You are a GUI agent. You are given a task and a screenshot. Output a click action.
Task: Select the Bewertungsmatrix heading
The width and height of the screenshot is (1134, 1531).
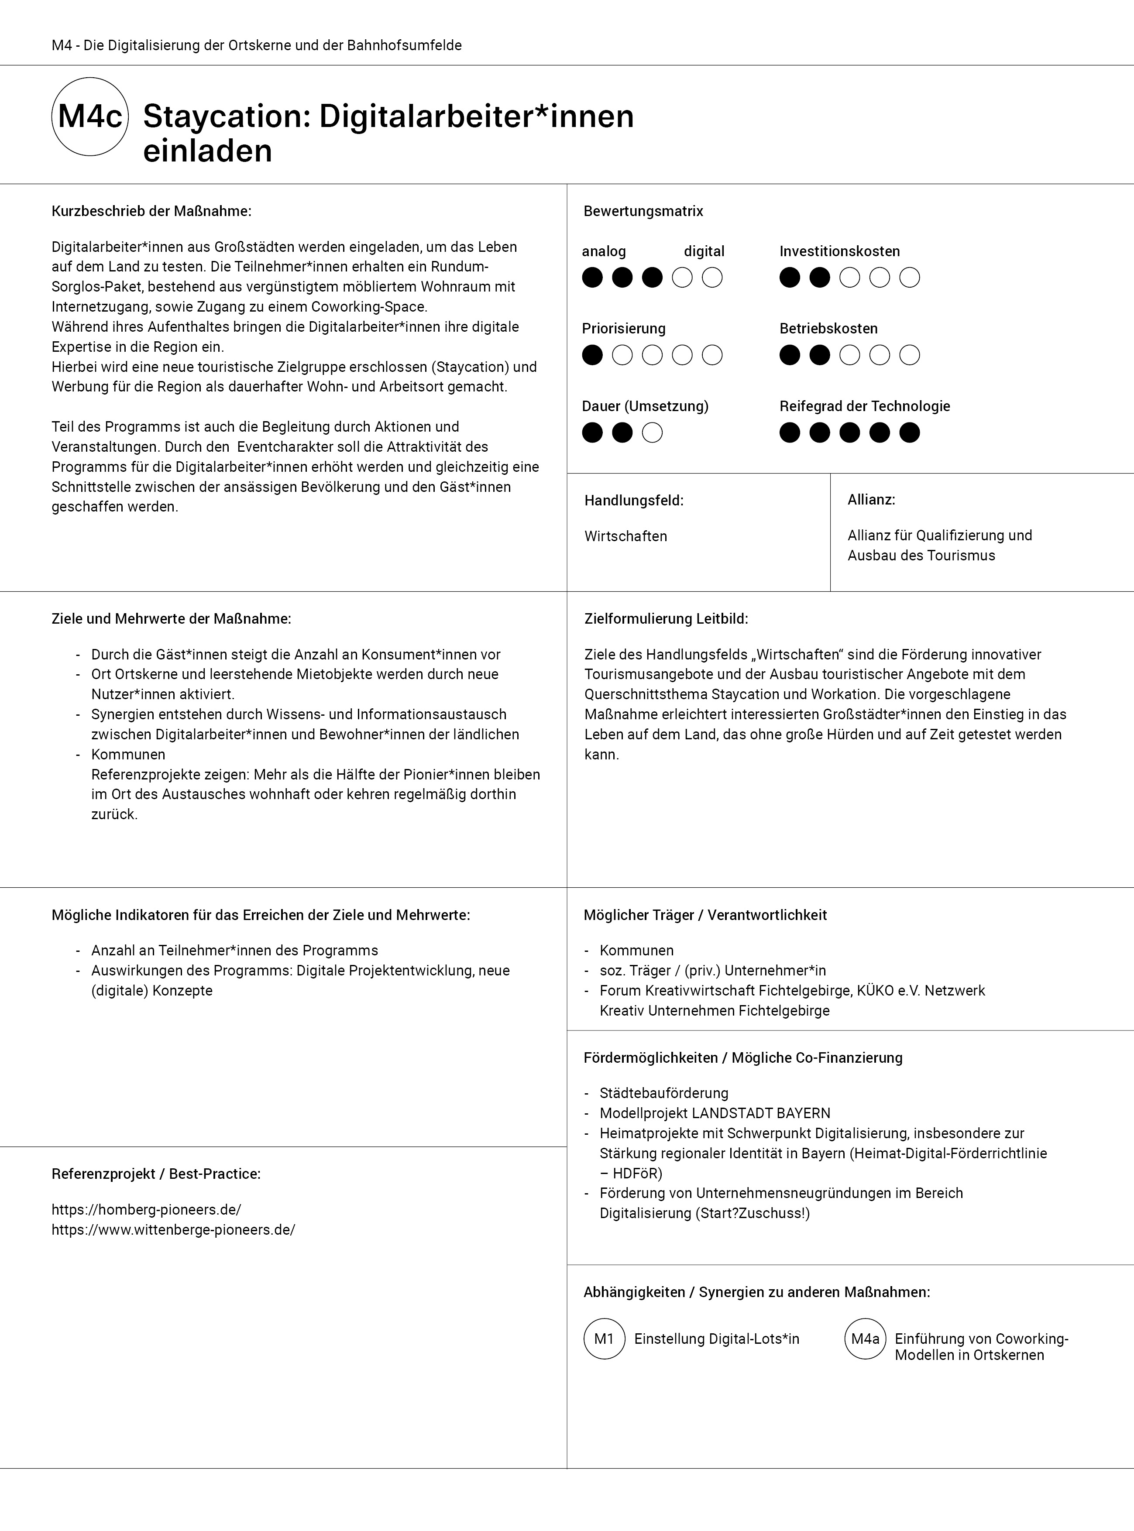click(643, 211)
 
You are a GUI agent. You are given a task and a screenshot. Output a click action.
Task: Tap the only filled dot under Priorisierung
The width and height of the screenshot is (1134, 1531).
click(592, 355)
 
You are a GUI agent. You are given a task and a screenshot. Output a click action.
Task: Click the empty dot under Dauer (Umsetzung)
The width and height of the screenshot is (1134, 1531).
click(652, 433)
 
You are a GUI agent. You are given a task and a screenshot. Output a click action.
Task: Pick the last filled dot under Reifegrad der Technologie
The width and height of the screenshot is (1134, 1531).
click(910, 433)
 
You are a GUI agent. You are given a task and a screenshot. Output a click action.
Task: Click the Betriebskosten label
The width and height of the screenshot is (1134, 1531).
click(828, 329)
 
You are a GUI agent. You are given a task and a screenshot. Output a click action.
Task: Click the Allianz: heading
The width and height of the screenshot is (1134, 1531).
click(871, 500)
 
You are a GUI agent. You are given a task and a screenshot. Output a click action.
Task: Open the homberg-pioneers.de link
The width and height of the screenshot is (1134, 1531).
click(146, 1209)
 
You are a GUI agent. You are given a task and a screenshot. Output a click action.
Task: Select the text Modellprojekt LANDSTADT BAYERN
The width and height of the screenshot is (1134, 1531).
click(715, 1113)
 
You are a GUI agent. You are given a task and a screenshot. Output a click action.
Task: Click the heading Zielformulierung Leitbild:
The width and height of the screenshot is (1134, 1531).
click(666, 618)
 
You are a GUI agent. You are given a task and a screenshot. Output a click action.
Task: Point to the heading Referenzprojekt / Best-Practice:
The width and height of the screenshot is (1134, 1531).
click(156, 1174)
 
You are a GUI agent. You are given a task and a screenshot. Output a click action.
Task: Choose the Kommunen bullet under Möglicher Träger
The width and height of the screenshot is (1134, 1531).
click(636, 951)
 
